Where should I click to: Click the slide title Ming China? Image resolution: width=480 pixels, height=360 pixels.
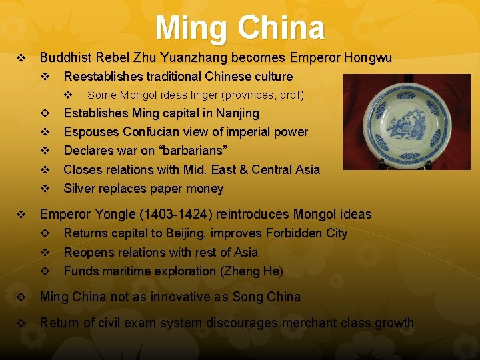coord(240,28)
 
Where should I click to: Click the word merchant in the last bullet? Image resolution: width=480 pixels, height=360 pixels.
coord(309,323)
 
